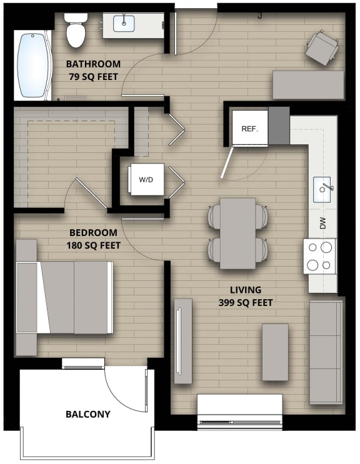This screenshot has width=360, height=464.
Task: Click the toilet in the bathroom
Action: pos(76,31)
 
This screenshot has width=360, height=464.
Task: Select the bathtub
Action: pos(34,65)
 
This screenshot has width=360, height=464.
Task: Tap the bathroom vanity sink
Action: pos(124,24)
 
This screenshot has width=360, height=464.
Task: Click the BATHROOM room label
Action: pos(93,64)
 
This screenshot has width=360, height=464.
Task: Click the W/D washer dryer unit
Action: pos(146,179)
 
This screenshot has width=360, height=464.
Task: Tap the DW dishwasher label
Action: pos(323,223)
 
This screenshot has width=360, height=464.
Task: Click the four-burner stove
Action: pos(319,256)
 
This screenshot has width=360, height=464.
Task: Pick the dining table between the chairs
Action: pos(237,233)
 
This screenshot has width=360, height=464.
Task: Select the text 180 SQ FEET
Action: pos(93,245)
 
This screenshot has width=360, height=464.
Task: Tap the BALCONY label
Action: pos(88,414)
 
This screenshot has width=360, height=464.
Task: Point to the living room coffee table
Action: pos(275,352)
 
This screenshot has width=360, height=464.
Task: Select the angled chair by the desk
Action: pos(321,47)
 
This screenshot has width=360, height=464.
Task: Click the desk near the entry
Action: pos(308,85)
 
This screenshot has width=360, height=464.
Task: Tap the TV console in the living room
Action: pos(182,341)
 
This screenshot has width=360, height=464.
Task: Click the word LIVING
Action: pos(245,290)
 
